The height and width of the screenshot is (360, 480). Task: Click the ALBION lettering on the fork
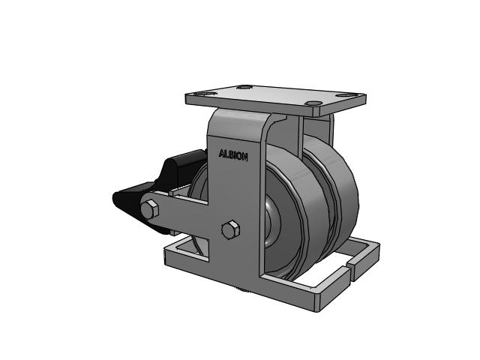pyautogui.click(x=233, y=155)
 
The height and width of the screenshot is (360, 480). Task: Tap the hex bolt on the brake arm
pyautogui.click(x=151, y=209)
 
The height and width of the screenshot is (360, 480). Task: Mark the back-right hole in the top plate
pyautogui.click(x=345, y=95)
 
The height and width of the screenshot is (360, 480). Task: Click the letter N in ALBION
pyautogui.click(x=245, y=157)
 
